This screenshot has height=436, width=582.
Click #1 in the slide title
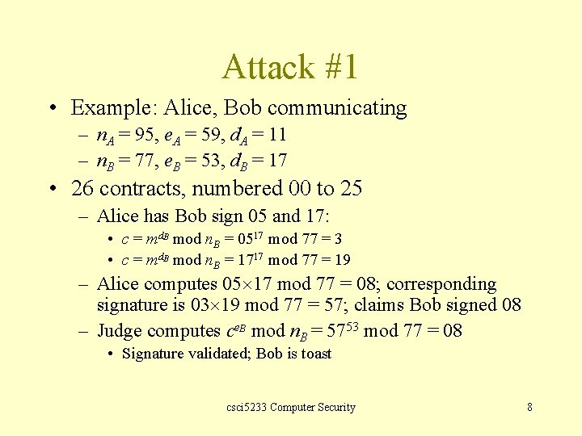339,67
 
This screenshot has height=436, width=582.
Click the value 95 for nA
146,134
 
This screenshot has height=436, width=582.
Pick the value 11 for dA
276,134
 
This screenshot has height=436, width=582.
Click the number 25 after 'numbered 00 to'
350,189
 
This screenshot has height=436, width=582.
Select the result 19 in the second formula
342,260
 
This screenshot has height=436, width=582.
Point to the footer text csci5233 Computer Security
291,407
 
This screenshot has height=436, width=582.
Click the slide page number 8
529,407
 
